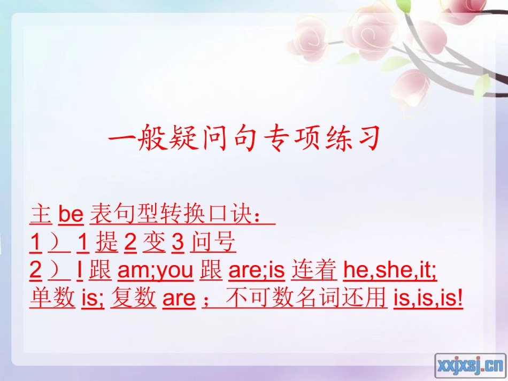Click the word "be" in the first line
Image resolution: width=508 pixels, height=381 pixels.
tap(71, 215)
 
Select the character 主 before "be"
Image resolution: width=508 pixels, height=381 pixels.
tap(41, 215)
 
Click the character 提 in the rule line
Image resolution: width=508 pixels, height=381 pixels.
tap(107, 243)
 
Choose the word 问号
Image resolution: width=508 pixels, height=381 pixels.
tap(213, 243)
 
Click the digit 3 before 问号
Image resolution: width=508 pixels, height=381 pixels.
tap(178, 243)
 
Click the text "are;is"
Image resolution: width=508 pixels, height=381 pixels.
tap(256, 271)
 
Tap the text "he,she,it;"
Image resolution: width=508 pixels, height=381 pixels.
tap(390, 271)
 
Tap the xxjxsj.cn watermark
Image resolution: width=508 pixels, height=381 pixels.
tap(470, 366)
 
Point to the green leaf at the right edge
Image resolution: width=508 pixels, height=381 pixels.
tap(482, 85)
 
